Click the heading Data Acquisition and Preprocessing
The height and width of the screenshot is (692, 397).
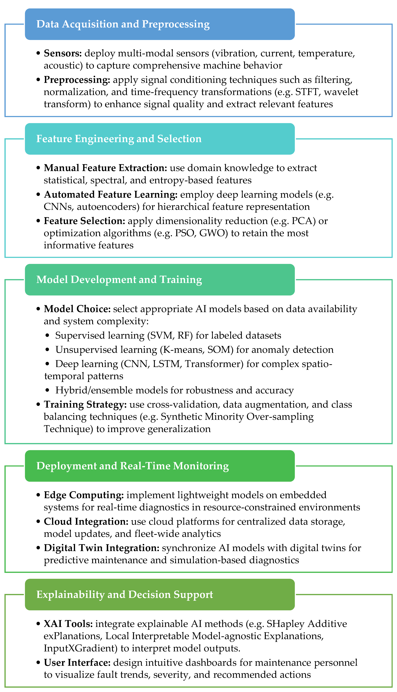(123, 24)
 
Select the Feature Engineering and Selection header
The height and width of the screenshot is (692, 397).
(119, 139)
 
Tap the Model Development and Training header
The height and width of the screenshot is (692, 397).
(119, 280)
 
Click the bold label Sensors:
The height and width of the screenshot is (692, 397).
(63, 53)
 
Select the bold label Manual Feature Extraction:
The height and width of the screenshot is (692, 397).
(105, 168)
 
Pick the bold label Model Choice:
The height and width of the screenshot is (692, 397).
(77, 309)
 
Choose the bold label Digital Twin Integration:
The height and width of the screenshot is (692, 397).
(101, 548)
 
